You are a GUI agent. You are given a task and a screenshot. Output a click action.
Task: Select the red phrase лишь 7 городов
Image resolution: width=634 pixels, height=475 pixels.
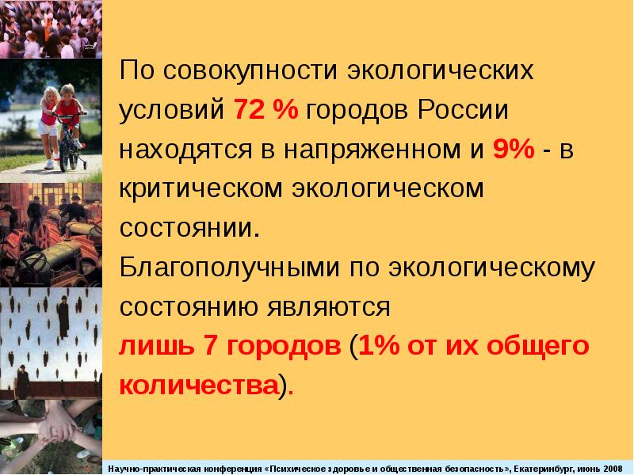click(x=229, y=345)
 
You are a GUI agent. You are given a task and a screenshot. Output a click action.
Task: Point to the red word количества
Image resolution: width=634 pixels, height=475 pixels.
click(x=198, y=385)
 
